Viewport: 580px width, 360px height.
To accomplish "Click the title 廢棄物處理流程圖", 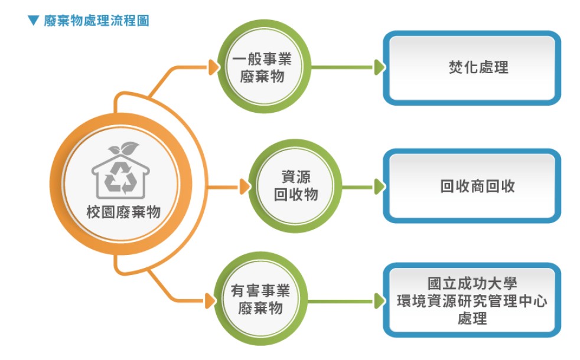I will point(96,21).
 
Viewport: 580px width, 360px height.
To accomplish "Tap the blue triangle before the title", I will point(33,21).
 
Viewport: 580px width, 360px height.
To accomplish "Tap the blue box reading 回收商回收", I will point(477,186).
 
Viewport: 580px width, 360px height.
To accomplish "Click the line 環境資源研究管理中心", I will point(472,302).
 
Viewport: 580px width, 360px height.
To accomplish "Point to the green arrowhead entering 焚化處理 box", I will point(379,68).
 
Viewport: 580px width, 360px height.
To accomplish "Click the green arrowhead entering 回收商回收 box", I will point(379,187).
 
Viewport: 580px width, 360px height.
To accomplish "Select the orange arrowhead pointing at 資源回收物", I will point(244,188).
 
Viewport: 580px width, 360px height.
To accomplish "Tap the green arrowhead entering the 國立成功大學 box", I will point(379,301).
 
